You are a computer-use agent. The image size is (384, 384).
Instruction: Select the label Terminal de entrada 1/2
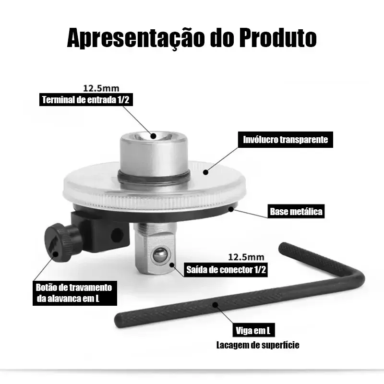click(86, 100)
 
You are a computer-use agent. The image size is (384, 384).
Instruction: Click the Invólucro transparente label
click(285, 140)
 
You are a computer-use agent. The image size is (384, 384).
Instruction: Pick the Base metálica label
click(296, 211)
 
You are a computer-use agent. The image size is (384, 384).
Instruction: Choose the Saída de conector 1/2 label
click(226, 270)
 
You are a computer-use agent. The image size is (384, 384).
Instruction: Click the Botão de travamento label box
click(75, 293)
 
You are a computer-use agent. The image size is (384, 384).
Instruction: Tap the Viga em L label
click(253, 330)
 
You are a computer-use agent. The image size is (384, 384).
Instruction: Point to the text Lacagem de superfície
click(258, 345)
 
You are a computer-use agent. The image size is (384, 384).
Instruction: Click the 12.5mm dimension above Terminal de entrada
click(101, 88)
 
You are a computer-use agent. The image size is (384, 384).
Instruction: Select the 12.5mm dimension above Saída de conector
click(246, 257)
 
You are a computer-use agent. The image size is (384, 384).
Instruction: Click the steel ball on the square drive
click(160, 255)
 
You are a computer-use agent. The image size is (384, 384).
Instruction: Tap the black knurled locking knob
click(62, 242)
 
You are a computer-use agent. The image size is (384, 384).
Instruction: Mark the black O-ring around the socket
click(154, 180)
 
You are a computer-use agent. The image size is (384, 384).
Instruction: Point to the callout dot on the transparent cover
click(206, 172)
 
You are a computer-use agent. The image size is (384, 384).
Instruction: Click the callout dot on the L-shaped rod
click(215, 305)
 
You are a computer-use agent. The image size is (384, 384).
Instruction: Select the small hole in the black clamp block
click(117, 235)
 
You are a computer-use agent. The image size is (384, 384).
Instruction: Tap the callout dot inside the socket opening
click(154, 136)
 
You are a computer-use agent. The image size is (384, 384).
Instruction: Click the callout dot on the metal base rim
click(231, 209)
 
